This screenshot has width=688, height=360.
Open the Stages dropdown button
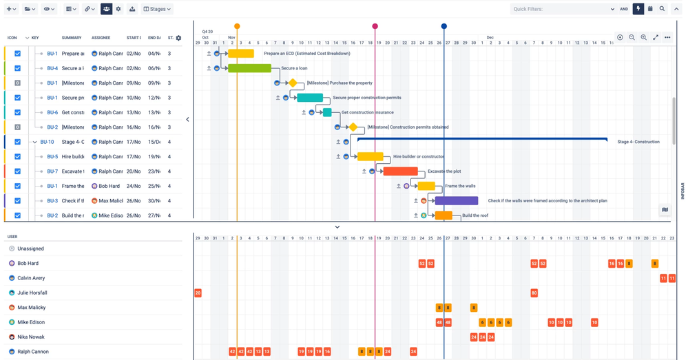157,9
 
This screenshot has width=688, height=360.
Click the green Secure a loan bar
249,68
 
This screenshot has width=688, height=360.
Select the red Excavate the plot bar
400,171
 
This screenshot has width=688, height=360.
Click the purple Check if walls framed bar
456,201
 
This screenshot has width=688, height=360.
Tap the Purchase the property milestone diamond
293,83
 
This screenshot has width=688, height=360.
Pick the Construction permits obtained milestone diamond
353,127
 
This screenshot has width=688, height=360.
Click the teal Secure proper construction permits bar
310,98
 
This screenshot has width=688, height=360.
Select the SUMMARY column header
72,38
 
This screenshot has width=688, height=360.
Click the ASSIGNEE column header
101,38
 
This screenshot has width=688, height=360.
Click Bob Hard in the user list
28,264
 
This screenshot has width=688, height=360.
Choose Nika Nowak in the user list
30,337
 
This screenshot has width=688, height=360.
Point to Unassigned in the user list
30,248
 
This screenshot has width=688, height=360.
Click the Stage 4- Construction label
638,142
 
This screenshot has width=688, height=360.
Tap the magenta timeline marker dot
375,26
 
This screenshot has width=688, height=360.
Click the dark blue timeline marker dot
444,26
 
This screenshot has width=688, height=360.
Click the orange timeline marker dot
237,26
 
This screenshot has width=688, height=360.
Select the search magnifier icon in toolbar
662,9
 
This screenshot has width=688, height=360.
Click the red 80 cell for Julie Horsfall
534,293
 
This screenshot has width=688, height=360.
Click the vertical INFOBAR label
682,190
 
